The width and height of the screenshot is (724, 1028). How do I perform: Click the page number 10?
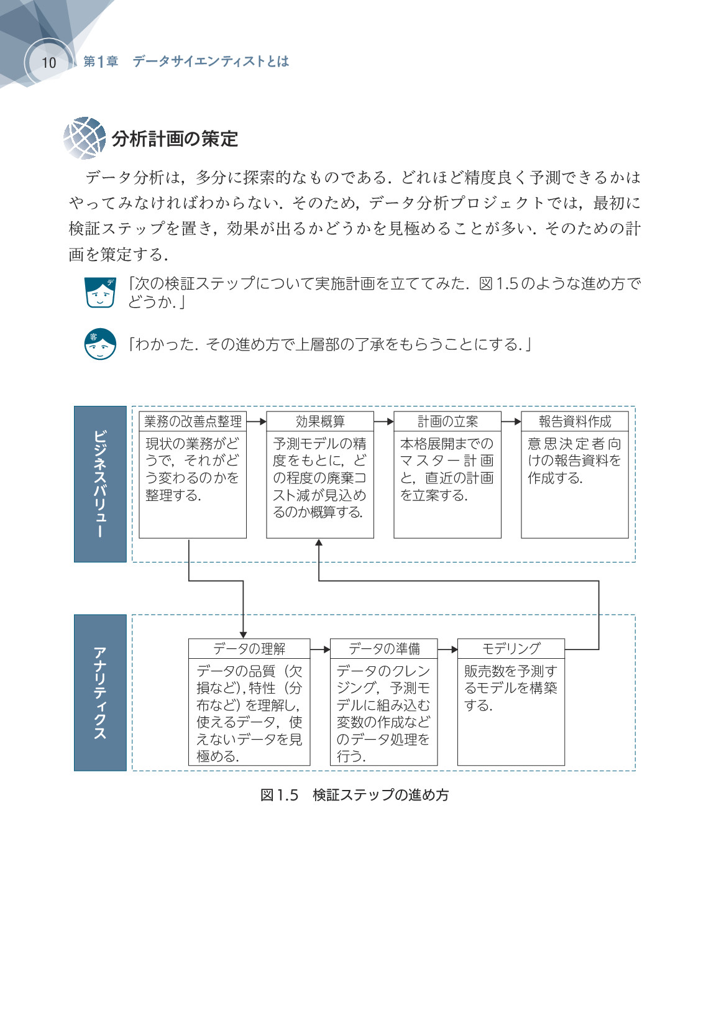tap(48, 62)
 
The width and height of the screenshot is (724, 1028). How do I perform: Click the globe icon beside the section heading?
tap(85, 138)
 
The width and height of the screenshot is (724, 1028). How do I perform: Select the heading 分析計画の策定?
tap(175, 139)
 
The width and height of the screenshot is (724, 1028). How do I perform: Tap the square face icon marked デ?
tap(101, 292)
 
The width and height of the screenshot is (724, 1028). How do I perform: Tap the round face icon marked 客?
tap(100, 344)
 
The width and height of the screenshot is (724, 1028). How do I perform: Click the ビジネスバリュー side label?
tap(100, 484)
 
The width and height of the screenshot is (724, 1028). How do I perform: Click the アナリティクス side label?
tap(100, 692)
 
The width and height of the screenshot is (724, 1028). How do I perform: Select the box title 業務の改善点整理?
tap(193, 421)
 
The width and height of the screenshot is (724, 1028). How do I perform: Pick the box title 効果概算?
tap(320, 421)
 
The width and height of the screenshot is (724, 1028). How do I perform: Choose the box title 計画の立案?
tap(447, 421)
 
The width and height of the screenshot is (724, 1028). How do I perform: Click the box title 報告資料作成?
tap(575, 421)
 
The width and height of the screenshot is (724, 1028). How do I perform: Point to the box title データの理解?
tap(249, 648)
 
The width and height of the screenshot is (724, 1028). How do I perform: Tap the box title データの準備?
tap(384, 648)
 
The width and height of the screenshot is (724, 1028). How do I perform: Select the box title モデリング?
tap(511, 648)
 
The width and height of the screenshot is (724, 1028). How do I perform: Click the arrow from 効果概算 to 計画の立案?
tap(383, 421)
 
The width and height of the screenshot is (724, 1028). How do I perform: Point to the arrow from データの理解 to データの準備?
tap(320, 649)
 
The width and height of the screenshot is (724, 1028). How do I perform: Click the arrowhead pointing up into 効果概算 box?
tap(319, 543)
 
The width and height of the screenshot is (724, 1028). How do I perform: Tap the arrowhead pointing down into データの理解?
tap(243, 635)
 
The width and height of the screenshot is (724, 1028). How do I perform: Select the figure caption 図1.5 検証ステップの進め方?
tap(354, 795)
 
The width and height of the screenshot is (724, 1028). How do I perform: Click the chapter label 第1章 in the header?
tap(101, 62)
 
